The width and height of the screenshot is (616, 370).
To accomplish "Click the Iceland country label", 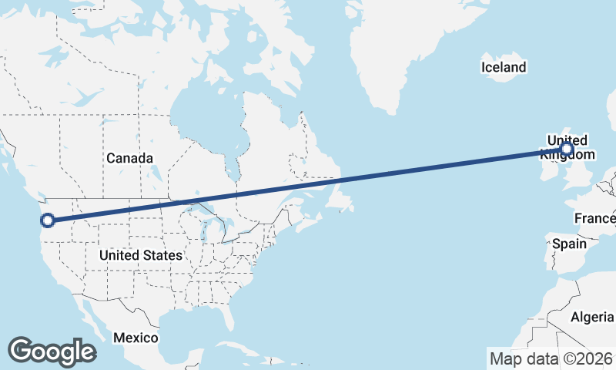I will click(x=504, y=67).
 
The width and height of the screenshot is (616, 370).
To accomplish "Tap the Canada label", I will click(x=129, y=158).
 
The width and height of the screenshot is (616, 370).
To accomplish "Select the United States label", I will click(x=141, y=255).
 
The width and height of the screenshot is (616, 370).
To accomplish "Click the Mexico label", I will click(x=136, y=338).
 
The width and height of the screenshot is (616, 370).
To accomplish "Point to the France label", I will click(x=594, y=219).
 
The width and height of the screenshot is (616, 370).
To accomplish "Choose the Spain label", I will click(x=569, y=244).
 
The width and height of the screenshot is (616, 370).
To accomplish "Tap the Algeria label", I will click(x=592, y=317).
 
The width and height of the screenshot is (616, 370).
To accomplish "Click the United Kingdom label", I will click(x=566, y=146).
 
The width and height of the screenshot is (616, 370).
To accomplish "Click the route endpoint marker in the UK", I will click(x=567, y=148).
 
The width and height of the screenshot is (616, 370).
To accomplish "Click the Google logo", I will click(x=52, y=351).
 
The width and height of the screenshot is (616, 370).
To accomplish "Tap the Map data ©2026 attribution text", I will click(x=551, y=358).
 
